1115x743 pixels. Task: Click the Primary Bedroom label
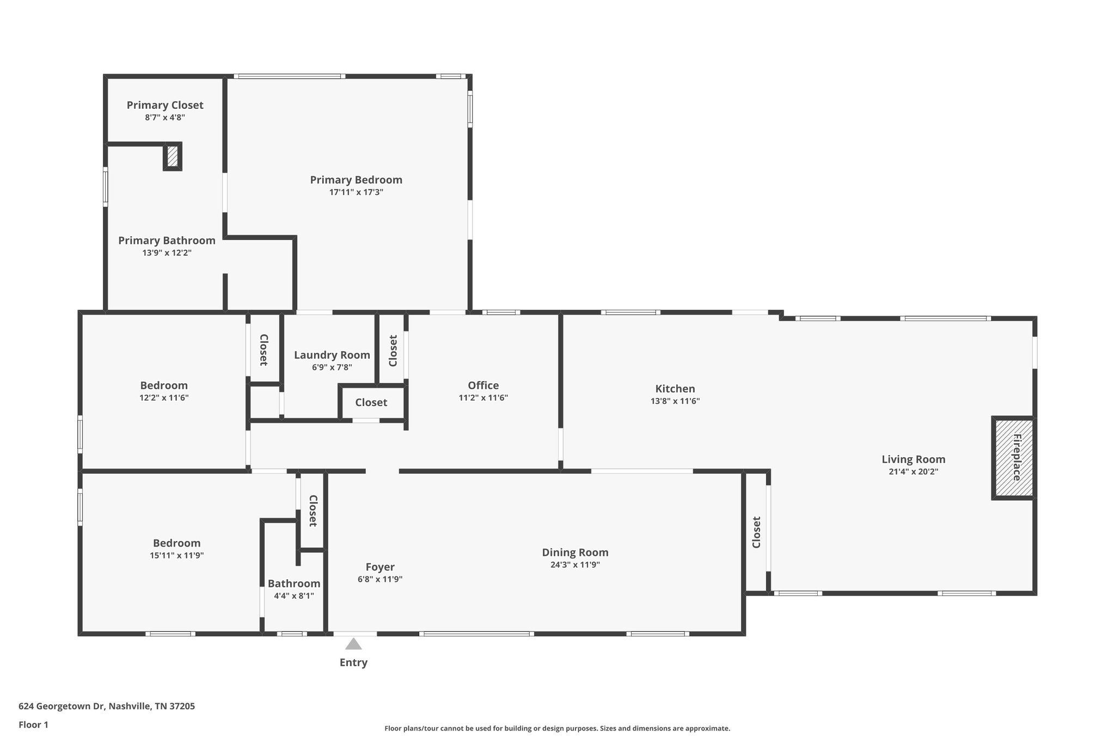(x=356, y=180)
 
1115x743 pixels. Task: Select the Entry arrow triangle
(x=353, y=644)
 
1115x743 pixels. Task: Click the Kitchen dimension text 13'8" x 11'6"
(x=675, y=401)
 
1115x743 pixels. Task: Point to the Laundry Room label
(x=332, y=355)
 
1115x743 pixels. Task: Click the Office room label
(x=483, y=386)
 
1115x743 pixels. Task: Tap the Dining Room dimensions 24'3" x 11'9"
(x=575, y=565)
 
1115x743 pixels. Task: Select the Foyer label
(x=380, y=567)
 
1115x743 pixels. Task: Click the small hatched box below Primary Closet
(x=173, y=156)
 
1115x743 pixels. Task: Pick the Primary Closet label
(x=165, y=105)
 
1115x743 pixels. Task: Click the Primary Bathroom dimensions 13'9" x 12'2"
(x=167, y=253)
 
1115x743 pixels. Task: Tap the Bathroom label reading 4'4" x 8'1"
(x=293, y=595)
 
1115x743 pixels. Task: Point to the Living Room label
(x=913, y=459)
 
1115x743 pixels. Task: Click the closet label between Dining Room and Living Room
(x=756, y=532)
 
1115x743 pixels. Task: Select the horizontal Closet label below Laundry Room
(x=371, y=403)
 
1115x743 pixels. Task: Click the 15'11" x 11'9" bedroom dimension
(x=176, y=556)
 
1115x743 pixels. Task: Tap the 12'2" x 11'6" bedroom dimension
(x=164, y=398)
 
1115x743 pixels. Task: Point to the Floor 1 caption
(x=33, y=724)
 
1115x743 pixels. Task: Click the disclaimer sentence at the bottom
(x=557, y=728)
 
